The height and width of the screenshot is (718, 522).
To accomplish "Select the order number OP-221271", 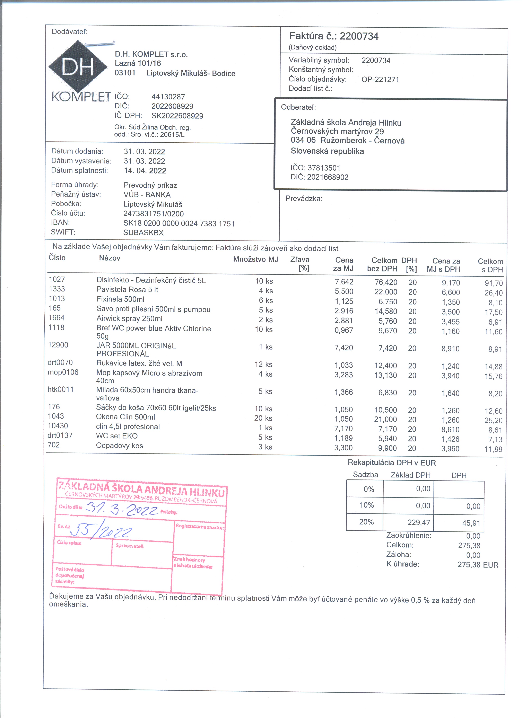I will coord(380,79).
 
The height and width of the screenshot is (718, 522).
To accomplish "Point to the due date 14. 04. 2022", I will coord(145,171).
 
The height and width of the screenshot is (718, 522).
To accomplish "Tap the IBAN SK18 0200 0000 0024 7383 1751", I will coord(179,224).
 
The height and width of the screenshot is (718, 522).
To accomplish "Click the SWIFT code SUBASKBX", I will coord(143,233).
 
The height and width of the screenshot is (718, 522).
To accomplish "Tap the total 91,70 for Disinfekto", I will coord(494,283).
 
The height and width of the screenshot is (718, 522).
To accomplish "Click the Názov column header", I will coord(110,258).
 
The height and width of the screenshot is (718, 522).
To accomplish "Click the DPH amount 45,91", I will coord(471,523).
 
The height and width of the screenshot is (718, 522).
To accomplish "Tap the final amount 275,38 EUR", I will coord(478,565).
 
